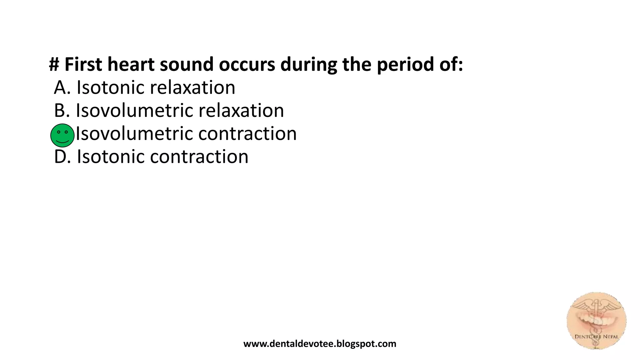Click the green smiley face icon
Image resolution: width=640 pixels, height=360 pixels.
click(62, 135)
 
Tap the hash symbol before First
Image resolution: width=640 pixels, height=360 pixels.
click(54, 64)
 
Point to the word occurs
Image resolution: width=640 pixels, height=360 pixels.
click(247, 64)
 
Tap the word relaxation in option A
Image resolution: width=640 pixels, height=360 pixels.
click(192, 87)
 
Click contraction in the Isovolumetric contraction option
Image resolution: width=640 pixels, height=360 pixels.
click(247, 134)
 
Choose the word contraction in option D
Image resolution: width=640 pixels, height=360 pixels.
click(199, 157)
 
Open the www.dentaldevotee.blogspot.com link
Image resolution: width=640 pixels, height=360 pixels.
click(320, 344)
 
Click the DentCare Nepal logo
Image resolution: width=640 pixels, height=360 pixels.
click(596, 321)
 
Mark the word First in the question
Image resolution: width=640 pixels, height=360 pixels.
click(83, 64)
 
